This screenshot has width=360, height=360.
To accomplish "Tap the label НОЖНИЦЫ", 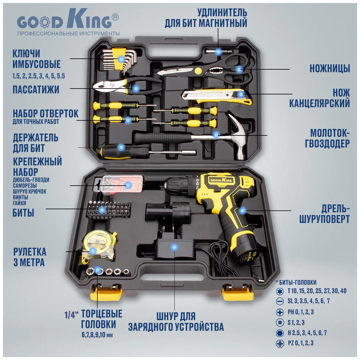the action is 330,69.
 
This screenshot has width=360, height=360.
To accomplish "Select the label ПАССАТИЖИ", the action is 36,89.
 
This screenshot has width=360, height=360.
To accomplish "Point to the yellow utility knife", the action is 217,96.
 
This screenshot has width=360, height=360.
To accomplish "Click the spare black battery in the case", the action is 167,213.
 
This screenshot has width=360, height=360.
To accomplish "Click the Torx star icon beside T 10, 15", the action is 279,291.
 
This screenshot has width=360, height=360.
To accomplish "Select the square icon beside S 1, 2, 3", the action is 279,323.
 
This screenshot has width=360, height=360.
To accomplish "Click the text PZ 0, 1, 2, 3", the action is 300,343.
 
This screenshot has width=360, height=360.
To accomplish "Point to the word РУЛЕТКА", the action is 30,252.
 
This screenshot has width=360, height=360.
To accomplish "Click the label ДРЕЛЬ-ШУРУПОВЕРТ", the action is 325,214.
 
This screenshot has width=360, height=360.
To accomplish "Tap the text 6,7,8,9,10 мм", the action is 97,335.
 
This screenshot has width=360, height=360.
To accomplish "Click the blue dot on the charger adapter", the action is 174,247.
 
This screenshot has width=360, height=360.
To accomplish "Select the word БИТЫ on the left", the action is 23,213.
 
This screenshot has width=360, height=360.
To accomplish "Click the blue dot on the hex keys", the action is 121,59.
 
